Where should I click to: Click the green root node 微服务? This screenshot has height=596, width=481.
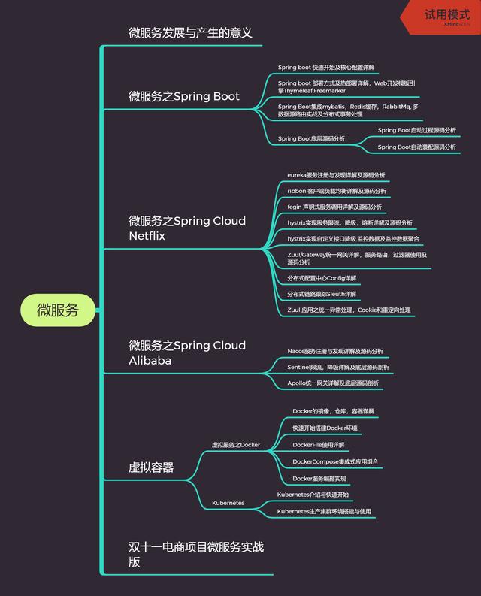[x=58, y=310]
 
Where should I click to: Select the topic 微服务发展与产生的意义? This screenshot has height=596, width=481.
[x=189, y=33]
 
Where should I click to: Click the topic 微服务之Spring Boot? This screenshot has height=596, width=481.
[x=184, y=96]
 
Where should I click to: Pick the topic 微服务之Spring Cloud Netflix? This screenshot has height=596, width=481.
[x=187, y=228]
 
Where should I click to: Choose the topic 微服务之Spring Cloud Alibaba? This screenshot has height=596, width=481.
[x=187, y=353]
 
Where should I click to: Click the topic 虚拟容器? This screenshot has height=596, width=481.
[x=151, y=467]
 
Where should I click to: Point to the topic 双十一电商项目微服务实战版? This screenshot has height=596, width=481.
[x=196, y=554]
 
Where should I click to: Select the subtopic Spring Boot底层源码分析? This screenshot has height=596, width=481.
[x=311, y=138]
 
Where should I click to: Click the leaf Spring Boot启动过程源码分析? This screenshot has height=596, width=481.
[x=416, y=130]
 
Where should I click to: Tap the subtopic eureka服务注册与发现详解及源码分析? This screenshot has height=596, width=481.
[x=336, y=175]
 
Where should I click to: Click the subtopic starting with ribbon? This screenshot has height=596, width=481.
[x=337, y=191]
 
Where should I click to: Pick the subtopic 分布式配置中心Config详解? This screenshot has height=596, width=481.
[x=322, y=278]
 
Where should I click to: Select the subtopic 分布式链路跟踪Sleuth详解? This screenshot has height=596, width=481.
[x=322, y=294]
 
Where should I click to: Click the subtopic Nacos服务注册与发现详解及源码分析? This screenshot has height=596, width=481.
[x=335, y=351]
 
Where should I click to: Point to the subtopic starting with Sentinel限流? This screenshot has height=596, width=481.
[x=338, y=367]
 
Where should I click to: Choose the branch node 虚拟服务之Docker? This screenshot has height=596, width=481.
[x=235, y=445]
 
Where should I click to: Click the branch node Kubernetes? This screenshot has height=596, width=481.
[x=228, y=503]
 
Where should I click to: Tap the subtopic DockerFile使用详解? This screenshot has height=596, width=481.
[x=319, y=444]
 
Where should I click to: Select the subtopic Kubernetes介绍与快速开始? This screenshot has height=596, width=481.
[x=317, y=495]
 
